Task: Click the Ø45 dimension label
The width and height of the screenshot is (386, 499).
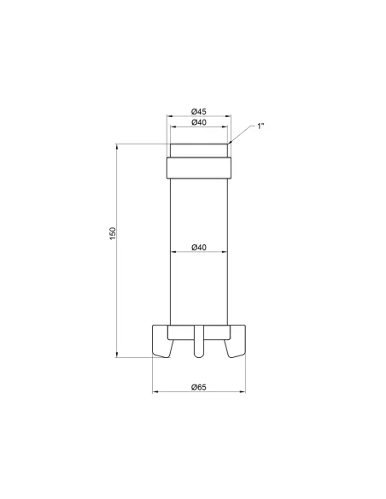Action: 198,110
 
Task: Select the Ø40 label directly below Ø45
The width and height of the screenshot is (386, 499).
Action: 198,122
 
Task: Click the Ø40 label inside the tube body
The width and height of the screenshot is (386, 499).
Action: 198,247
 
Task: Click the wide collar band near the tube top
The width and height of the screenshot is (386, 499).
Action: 198,167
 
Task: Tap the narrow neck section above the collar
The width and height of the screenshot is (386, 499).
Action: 198,150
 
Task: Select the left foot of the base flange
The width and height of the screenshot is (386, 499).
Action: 160,342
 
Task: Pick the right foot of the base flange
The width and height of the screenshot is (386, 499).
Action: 237,342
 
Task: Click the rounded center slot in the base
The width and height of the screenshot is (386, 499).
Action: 198,342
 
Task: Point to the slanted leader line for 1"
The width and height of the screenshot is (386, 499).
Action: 243,134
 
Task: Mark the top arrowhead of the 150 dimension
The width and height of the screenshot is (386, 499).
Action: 118,148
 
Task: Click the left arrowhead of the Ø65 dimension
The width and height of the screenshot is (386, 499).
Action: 155,394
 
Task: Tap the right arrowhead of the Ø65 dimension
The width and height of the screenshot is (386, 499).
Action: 242,394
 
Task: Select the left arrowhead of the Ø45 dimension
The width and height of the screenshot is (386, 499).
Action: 169,116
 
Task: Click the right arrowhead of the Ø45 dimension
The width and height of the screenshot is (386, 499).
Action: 228,116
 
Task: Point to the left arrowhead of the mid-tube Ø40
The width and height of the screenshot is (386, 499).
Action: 173,253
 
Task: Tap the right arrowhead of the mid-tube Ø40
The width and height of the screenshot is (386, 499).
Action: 225,253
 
